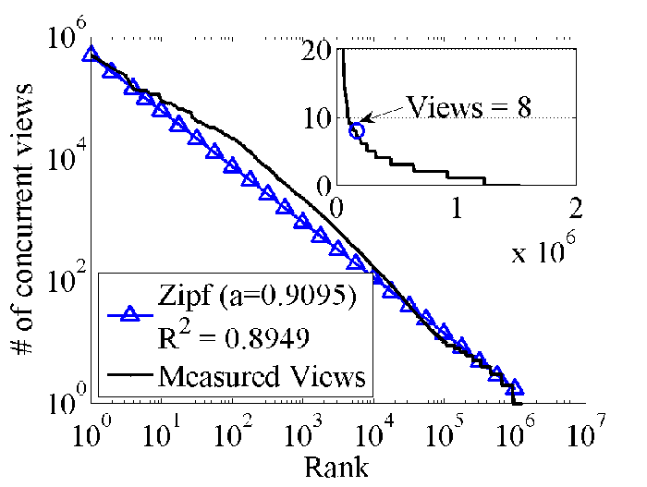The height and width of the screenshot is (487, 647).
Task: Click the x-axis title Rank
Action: tap(336, 468)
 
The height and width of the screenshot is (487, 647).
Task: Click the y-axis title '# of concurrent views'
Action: tap(22, 219)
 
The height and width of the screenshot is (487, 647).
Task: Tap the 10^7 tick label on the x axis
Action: tap(586, 432)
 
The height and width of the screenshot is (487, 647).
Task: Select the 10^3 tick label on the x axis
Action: tap(303, 432)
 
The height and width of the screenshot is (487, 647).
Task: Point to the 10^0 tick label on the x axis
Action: tap(92, 432)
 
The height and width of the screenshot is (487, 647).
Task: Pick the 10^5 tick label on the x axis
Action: tap(445, 432)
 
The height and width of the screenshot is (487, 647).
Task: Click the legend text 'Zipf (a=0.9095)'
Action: tap(257, 296)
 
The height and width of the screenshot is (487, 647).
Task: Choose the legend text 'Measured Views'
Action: tap(262, 376)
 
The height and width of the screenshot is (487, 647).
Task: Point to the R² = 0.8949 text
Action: tap(233, 336)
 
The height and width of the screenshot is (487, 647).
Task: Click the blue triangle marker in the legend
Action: tap(130, 314)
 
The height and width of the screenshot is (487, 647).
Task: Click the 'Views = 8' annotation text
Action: tap(469, 107)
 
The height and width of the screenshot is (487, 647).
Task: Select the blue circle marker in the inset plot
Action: tap(357, 131)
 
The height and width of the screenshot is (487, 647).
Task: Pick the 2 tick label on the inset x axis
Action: tap(576, 208)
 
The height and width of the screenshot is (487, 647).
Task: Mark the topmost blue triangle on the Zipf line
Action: tap(90, 54)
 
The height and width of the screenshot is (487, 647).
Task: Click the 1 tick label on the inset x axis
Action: tap(457, 208)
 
